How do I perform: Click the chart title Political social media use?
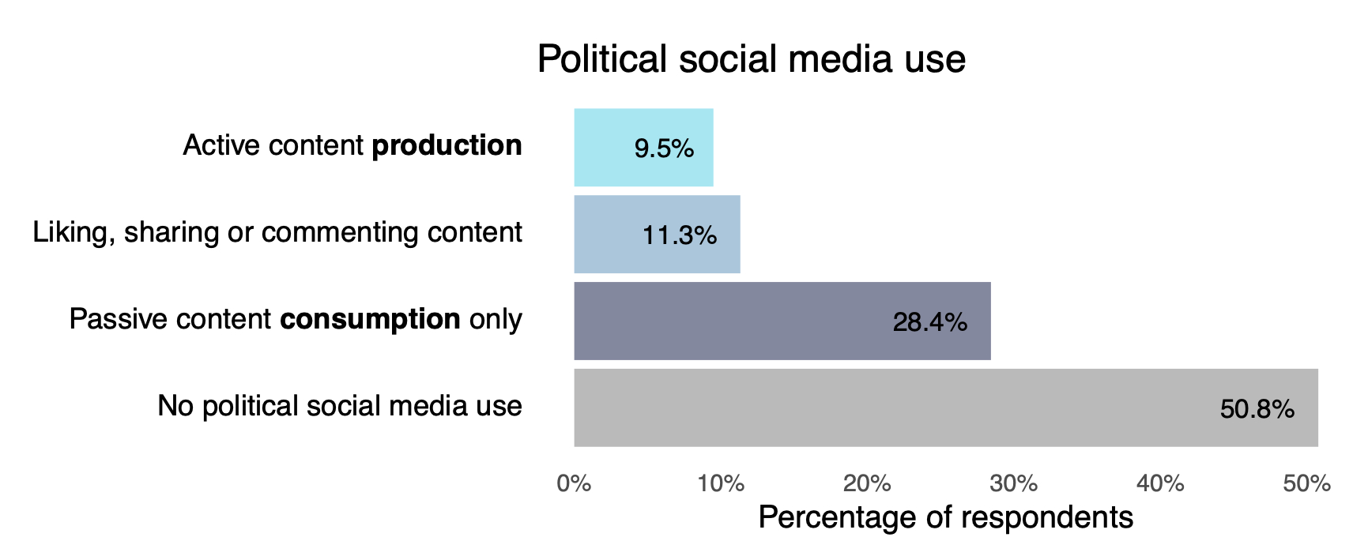(x=751, y=59)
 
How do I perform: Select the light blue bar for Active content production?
(x=643, y=148)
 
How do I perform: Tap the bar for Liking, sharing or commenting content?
(x=657, y=235)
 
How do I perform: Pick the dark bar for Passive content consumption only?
(x=782, y=321)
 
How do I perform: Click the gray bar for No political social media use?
(x=945, y=408)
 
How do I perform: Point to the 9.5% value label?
(x=664, y=148)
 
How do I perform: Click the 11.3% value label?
(x=680, y=235)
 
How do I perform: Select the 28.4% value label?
(x=929, y=322)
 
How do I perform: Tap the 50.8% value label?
(x=1257, y=409)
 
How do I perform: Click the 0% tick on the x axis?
(x=574, y=483)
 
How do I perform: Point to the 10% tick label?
(x=720, y=483)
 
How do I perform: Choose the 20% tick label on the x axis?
(x=867, y=483)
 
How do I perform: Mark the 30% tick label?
(x=1013, y=483)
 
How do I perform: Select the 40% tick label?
(x=1160, y=483)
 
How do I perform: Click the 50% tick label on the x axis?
(x=1306, y=483)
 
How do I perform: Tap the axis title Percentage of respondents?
(x=945, y=517)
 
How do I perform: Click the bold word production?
(x=447, y=146)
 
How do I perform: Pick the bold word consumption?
(x=370, y=320)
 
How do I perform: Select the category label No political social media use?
(x=340, y=406)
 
